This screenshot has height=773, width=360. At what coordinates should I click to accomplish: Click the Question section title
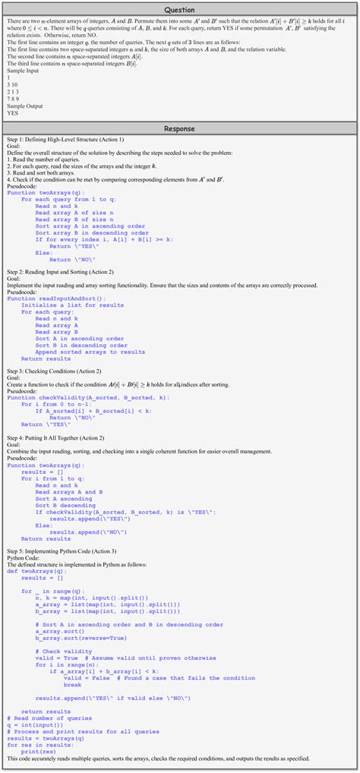pyautogui.click(x=179, y=11)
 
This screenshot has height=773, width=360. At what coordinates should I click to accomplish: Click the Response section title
pyautogui.click(x=179, y=130)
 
